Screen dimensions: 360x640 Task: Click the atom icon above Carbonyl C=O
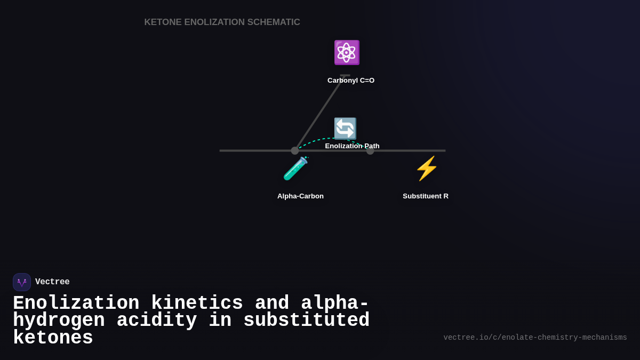pyautogui.click(x=347, y=52)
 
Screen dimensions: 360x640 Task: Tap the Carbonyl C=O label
pyautogui.click(x=351, y=81)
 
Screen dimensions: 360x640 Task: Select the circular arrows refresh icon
pyautogui.click(x=345, y=129)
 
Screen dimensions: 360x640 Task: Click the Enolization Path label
pyautogui.click(x=352, y=146)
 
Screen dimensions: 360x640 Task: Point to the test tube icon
pyautogui.click(x=295, y=169)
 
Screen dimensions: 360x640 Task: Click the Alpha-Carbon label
pyautogui.click(x=300, y=196)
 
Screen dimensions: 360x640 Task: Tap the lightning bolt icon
pyautogui.click(x=426, y=169)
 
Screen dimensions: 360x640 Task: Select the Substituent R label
pyautogui.click(x=426, y=196)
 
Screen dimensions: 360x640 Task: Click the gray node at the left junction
pyautogui.click(x=295, y=151)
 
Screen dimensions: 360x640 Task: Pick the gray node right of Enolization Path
pyautogui.click(x=370, y=151)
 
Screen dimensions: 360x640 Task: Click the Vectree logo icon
pyautogui.click(x=22, y=282)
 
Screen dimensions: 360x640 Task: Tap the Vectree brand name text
pyautogui.click(x=52, y=282)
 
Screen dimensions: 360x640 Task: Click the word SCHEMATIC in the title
pyautogui.click(x=274, y=22)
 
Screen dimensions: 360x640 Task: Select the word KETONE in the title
pyautogui.click(x=163, y=22)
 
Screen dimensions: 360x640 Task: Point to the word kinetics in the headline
pyautogui.click(x=197, y=303)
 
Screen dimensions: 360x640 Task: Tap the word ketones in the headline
pyautogui.click(x=53, y=338)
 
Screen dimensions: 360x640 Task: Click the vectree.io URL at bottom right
pyautogui.click(x=535, y=338)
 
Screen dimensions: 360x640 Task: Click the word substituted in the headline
pyautogui.click(x=306, y=321)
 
